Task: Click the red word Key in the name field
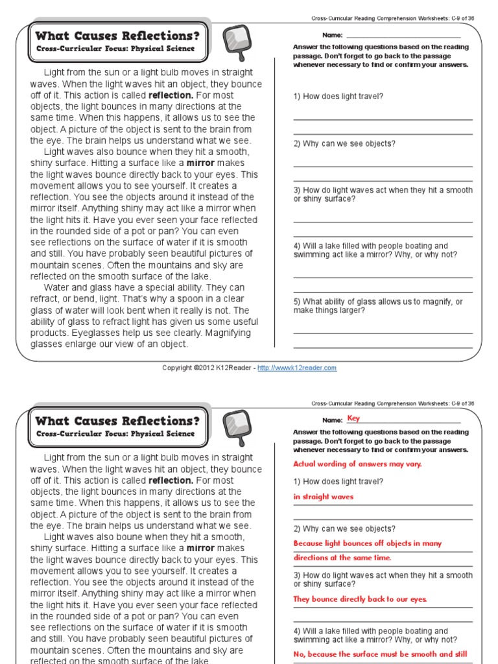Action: [353, 418]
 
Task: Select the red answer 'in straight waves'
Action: [324, 497]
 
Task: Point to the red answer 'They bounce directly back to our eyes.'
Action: [360, 599]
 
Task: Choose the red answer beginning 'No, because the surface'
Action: [380, 654]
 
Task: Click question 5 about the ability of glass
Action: [378, 306]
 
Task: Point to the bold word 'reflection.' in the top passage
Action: [171, 95]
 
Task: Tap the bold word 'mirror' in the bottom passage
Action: [205, 548]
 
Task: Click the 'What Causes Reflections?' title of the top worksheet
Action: [117, 35]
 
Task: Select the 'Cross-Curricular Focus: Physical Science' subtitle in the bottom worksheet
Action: [115, 434]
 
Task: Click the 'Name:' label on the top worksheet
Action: [331, 34]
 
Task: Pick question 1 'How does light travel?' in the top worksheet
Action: [338, 97]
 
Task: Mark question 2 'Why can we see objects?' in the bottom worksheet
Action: [344, 528]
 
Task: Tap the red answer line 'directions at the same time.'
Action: [342, 558]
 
